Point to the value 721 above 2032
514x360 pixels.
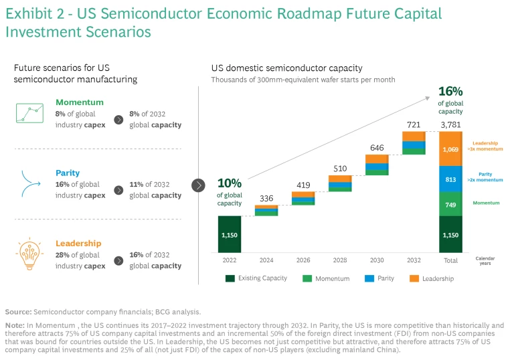pos(414,125)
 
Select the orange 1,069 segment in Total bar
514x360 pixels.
pos(450,149)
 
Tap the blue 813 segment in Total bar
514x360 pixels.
pos(450,179)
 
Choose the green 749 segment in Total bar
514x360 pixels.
pos(450,203)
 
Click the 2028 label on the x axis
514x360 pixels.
pos(340,260)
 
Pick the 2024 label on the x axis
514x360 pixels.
pos(266,260)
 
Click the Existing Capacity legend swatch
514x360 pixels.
pos(231,278)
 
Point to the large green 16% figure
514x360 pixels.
pos(450,92)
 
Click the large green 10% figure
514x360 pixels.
pos(230,183)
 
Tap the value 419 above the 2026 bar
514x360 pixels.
pos(303,185)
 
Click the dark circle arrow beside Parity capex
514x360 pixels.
pos(118,190)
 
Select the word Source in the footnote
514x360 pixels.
pos(18,312)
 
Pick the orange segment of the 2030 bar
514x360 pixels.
pos(377,159)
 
